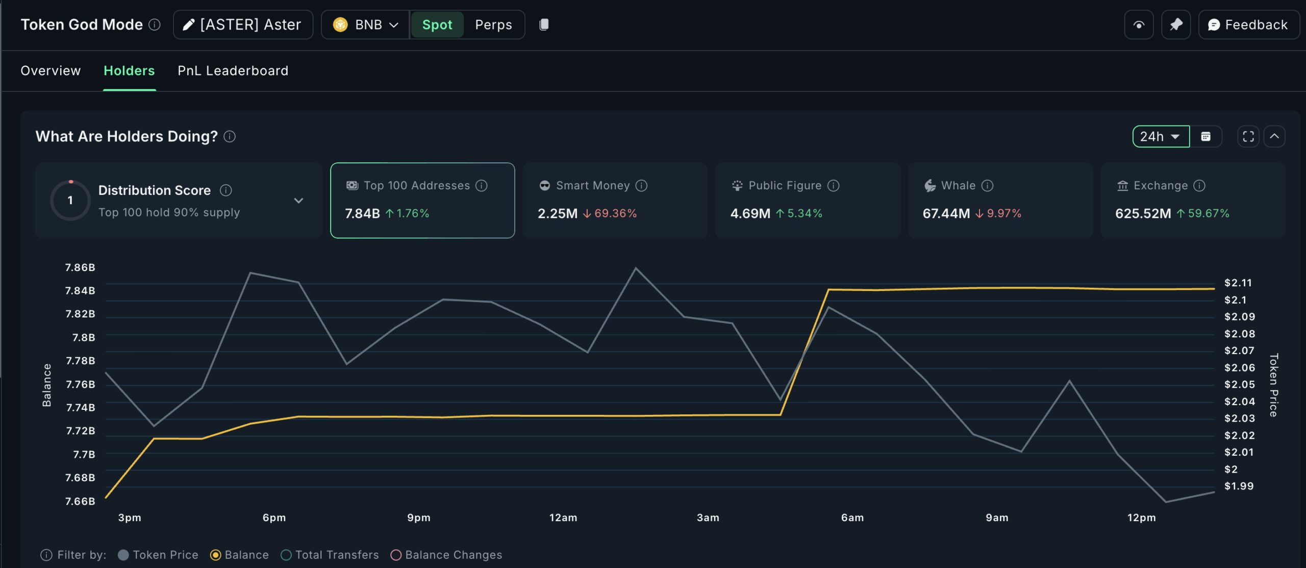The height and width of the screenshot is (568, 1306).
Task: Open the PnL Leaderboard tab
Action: [233, 70]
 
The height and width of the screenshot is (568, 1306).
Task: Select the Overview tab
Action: [51, 70]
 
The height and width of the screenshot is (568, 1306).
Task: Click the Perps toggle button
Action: [493, 24]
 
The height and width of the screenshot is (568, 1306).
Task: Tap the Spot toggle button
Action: [437, 24]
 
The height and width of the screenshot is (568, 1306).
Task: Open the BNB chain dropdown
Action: [365, 24]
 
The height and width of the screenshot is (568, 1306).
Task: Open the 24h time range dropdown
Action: [1160, 136]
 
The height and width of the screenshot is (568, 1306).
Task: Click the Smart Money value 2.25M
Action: [557, 213]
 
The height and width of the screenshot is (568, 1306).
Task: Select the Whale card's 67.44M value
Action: [946, 213]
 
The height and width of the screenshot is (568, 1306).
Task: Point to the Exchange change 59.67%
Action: [1208, 213]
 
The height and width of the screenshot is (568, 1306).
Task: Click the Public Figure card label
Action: [785, 186]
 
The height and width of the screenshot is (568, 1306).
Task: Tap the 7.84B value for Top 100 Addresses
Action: [362, 213]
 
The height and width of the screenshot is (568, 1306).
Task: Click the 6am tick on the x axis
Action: [852, 517]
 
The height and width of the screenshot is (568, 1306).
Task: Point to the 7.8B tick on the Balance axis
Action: [84, 337]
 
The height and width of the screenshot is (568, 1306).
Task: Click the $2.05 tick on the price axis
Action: [1239, 384]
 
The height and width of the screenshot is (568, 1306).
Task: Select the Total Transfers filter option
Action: [337, 555]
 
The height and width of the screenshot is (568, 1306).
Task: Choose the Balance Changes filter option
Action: [453, 555]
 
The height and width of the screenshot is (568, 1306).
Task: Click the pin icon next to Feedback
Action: [1176, 24]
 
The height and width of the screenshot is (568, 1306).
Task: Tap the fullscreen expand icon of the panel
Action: [1248, 136]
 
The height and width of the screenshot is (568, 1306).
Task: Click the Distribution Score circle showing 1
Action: [70, 200]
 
